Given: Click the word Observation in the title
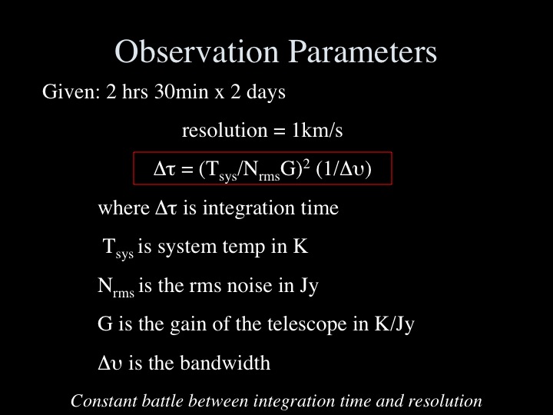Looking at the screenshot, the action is (x=197, y=51).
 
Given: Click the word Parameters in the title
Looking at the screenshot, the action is (x=363, y=51).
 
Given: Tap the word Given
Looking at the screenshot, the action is (x=71, y=91).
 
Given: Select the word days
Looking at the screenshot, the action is (x=266, y=92).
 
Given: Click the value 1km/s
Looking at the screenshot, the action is (x=317, y=130).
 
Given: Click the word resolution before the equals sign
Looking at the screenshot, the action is (x=224, y=130).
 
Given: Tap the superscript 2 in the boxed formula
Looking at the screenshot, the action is (x=306, y=164).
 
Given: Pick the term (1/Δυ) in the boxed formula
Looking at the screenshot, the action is (x=344, y=169).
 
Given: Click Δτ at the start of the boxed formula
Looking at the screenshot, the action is (x=164, y=169).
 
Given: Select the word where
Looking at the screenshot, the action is (x=124, y=207).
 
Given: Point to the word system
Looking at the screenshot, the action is (x=187, y=247).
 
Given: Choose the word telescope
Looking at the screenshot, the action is (x=306, y=324).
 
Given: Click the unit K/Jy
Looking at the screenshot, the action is (x=394, y=324).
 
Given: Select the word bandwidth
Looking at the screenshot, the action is (x=225, y=363).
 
